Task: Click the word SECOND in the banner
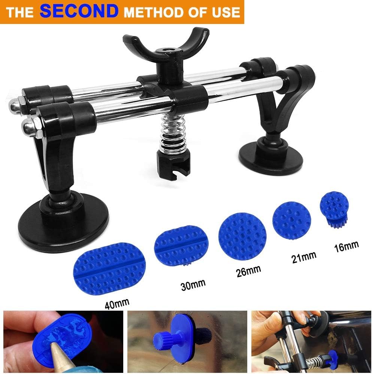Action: [78, 11]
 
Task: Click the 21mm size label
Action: [303, 257]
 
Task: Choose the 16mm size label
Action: [346, 246]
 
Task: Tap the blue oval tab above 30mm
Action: [181, 245]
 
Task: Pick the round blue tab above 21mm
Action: [292, 221]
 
